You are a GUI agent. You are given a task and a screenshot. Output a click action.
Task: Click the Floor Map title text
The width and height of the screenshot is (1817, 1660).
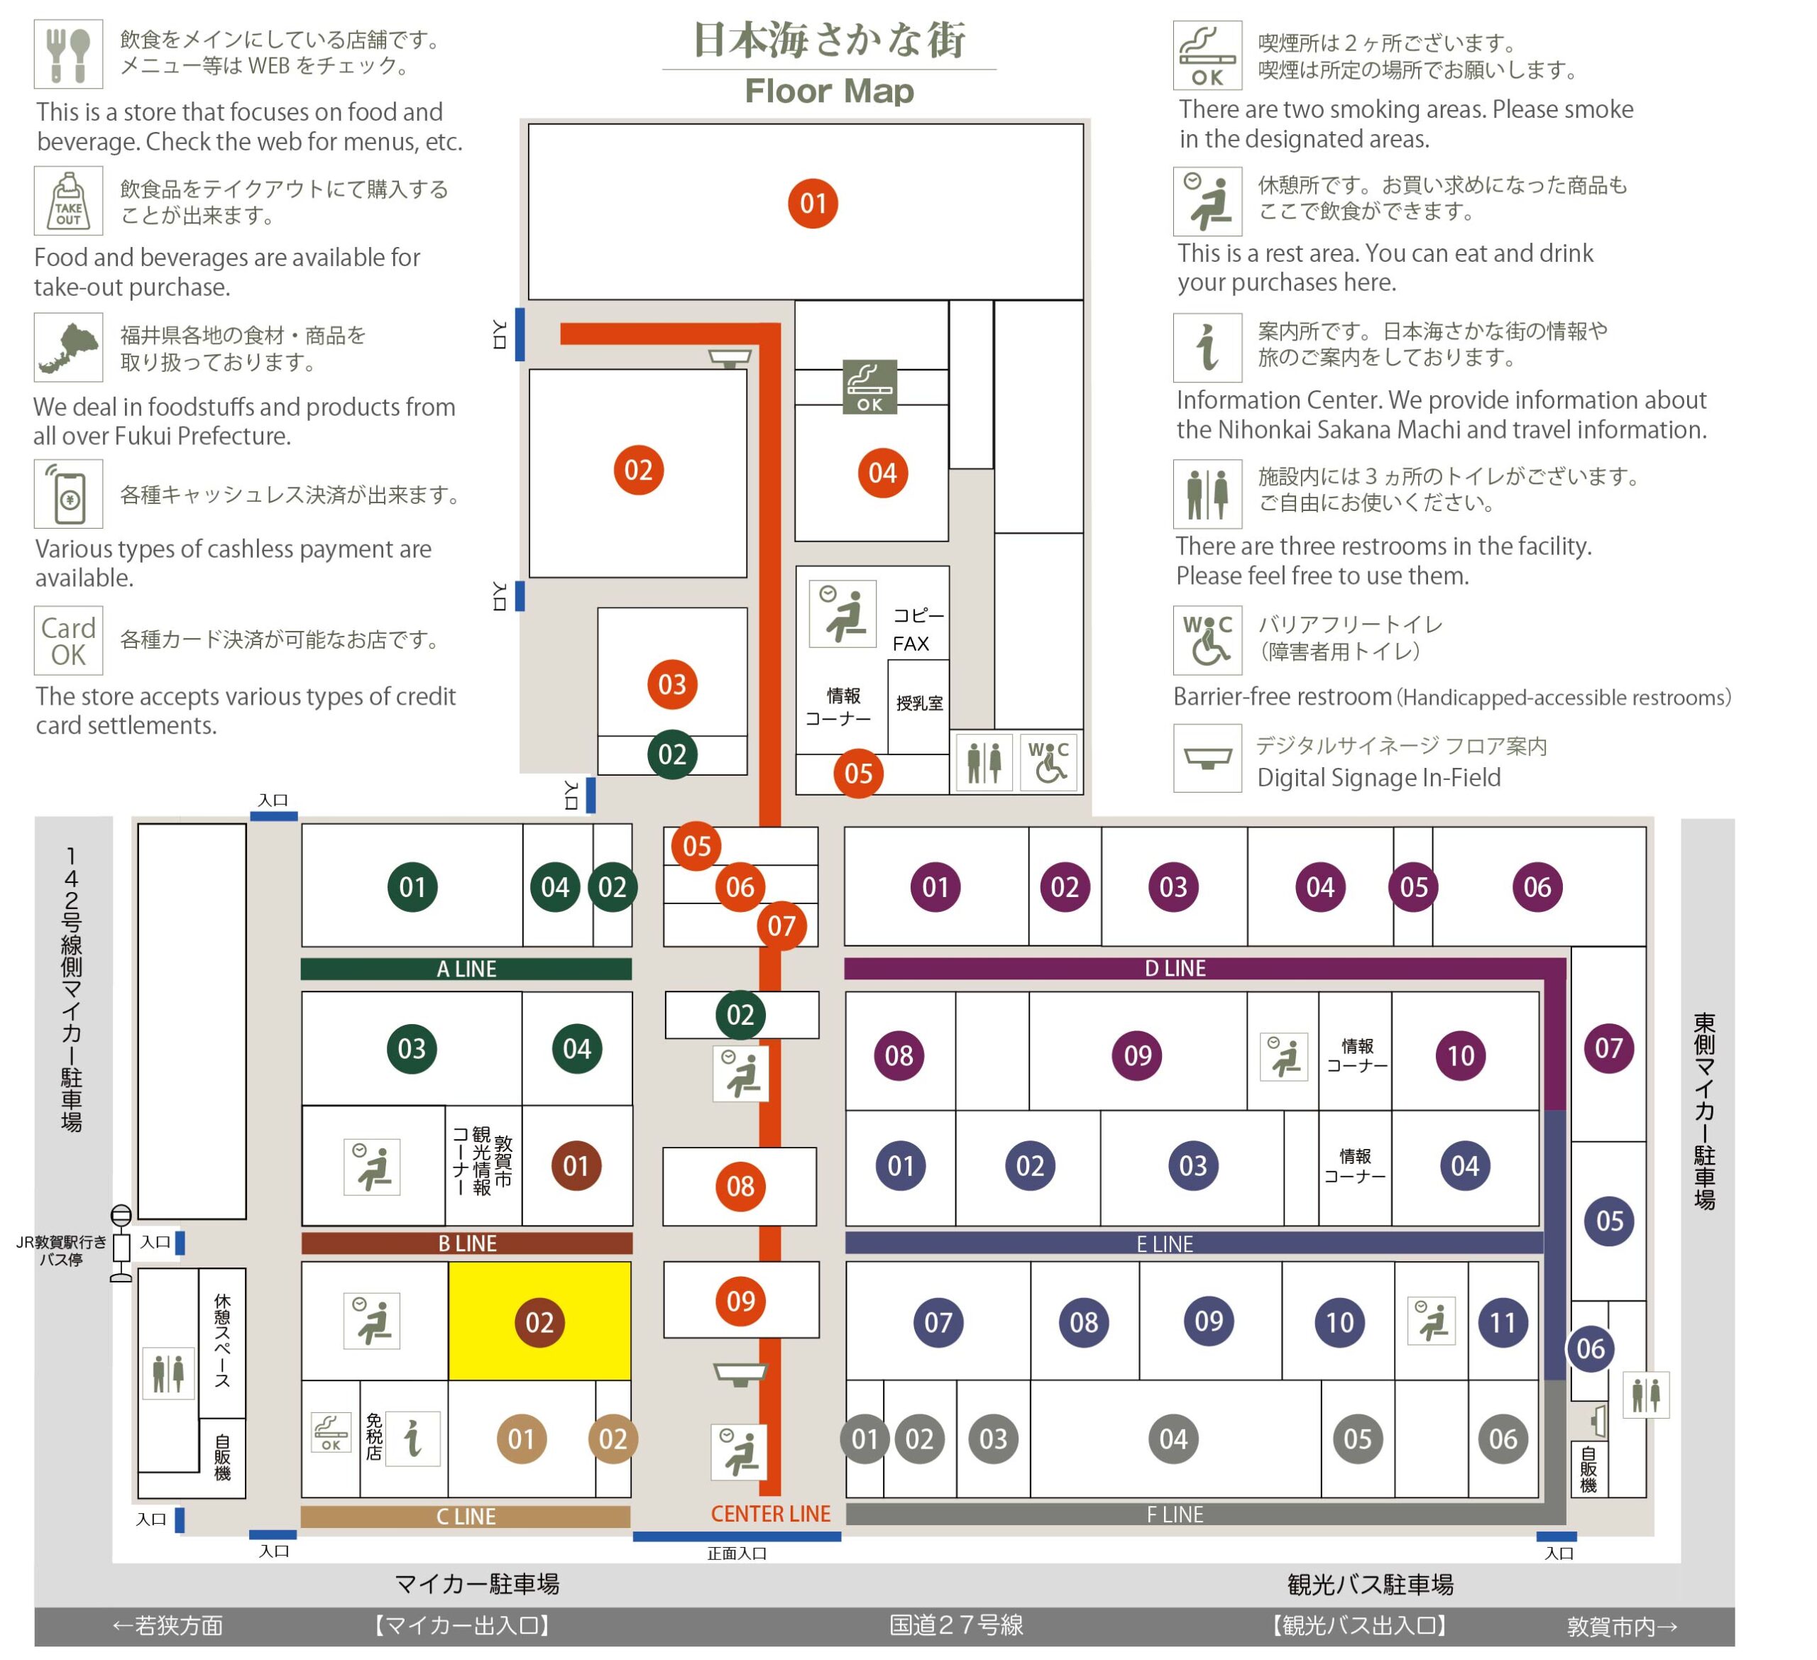[x=829, y=91]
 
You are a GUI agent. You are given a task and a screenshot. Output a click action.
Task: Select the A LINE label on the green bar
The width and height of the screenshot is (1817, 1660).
[x=467, y=969]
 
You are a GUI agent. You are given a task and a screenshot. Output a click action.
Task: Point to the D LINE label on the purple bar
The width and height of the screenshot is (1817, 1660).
[x=1175, y=968]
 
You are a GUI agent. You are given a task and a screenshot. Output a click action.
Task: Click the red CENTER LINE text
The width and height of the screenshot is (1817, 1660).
[x=771, y=1514]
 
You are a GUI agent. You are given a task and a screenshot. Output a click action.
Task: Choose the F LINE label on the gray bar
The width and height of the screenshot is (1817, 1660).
[x=1175, y=1515]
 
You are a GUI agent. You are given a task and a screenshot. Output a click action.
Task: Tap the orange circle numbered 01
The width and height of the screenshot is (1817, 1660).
[x=813, y=204]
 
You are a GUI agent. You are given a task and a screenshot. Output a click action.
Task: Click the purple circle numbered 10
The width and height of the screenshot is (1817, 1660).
[x=1461, y=1055]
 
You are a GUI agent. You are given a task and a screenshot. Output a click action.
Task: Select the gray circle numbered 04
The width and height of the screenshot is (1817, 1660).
[x=1173, y=1439]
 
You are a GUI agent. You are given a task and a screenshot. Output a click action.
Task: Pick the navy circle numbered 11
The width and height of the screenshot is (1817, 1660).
[x=1503, y=1322]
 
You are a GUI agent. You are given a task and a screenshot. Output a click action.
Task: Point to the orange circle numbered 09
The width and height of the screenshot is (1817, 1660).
[x=741, y=1300]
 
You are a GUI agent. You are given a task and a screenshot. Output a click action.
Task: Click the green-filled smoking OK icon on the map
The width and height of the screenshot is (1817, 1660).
[x=869, y=387]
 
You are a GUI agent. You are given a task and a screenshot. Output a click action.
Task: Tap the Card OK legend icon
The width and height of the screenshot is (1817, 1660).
[x=69, y=641]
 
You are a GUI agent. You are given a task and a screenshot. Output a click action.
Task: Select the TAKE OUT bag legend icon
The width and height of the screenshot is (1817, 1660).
[x=69, y=200]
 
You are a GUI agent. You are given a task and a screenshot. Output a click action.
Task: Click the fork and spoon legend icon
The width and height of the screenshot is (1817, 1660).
[x=69, y=54]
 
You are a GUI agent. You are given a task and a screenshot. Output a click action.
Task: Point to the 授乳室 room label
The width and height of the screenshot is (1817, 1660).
[x=919, y=703]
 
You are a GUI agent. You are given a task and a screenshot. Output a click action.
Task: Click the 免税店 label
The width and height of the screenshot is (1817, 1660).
[x=374, y=1436]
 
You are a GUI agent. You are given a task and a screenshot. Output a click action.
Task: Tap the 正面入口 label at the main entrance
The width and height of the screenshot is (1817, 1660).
[x=737, y=1553]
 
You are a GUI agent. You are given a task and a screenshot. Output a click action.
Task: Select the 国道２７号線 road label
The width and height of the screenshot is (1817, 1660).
[x=956, y=1625]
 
